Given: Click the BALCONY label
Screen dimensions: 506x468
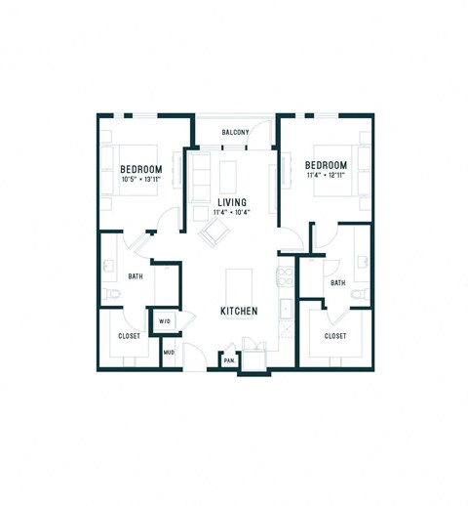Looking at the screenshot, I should click(235, 133).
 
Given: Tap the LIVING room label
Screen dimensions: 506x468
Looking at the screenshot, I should click(231, 202).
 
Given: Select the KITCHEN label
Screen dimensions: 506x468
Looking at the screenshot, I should click(238, 311).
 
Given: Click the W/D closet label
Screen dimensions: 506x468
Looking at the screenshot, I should click(165, 320).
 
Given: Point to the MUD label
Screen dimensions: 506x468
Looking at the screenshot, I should click(169, 352).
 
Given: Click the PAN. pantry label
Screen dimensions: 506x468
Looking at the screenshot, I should click(229, 360).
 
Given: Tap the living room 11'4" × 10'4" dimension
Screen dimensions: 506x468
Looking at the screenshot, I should click(231, 213).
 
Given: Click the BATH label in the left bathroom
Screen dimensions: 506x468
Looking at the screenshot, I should click(135, 276).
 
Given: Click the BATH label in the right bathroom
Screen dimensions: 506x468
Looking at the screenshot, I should click(337, 283).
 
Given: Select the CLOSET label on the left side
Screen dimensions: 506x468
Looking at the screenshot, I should click(129, 336).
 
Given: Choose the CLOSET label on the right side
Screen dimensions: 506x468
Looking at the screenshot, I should click(335, 336).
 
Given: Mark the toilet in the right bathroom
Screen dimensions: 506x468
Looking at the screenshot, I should click(360, 294).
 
